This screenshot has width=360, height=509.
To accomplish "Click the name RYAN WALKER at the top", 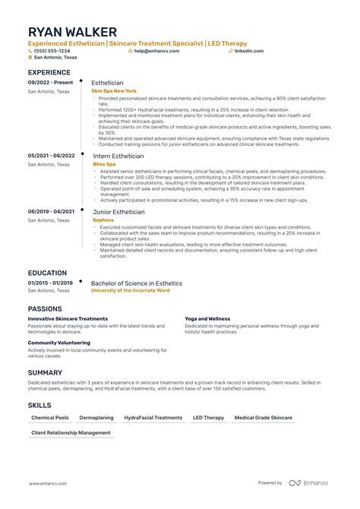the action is [x=73, y=32].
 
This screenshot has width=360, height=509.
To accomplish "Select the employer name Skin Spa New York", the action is [x=115, y=90].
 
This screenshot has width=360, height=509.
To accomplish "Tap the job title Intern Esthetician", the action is [x=117, y=155].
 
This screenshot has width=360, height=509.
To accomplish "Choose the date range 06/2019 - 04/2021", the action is [x=51, y=211].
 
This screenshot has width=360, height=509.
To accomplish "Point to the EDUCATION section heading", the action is [x=47, y=273].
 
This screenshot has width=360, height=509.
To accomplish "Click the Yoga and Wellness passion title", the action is [x=207, y=319].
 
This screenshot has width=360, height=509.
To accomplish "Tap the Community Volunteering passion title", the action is [x=60, y=343].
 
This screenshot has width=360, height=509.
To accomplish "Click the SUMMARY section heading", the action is [x=45, y=372].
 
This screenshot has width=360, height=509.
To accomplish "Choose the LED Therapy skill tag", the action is [x=208, y=418].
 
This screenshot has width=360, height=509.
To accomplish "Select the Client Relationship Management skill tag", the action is [x=71, y=433].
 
